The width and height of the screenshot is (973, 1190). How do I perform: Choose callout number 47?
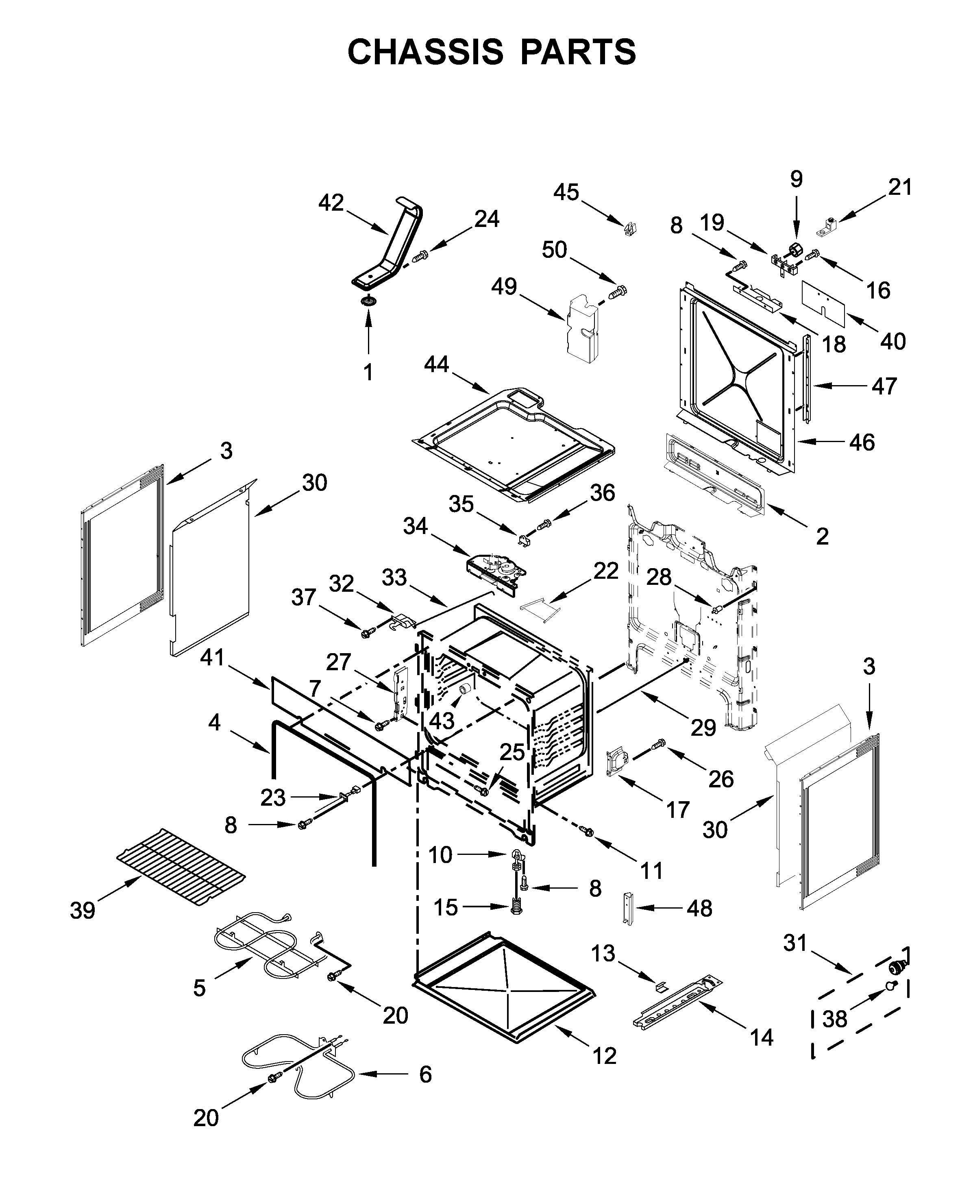point(884,386)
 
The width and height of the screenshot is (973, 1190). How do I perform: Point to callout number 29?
point(703,728)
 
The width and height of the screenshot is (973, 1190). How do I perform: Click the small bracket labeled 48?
point(629,908)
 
